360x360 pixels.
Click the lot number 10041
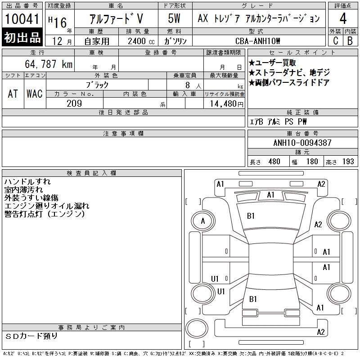click(x=22, y=18)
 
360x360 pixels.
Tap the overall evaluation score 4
click(x=343, y=18)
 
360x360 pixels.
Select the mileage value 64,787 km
click(x=49, y=64)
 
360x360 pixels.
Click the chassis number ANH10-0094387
click(x=302, y=143)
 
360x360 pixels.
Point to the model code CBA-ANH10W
click(x=257, y=41)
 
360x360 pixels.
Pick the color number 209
click(x=74, y=103)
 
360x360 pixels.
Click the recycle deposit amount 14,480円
click(x=227, y=104)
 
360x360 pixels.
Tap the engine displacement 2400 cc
click(x=141, y=41)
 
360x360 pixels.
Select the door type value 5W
click(x=174, y=18)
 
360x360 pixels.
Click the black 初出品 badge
click(x=22, y=37)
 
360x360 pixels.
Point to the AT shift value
click(x=13, y=94)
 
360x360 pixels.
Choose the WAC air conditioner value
click(x=35, y=94)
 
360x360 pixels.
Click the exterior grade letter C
click(x=335, y=41)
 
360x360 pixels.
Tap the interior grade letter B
click(x=350, y=41)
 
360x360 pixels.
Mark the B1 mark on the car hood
click(x=251, y=216)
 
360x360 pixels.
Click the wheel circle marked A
click(x=203, y=221)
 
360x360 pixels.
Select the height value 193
click(x=348, y=162)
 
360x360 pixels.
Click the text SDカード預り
click(x=31, y=336)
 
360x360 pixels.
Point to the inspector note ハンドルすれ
click(x=27, y=182)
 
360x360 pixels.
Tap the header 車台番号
click(x=302, y=133)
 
